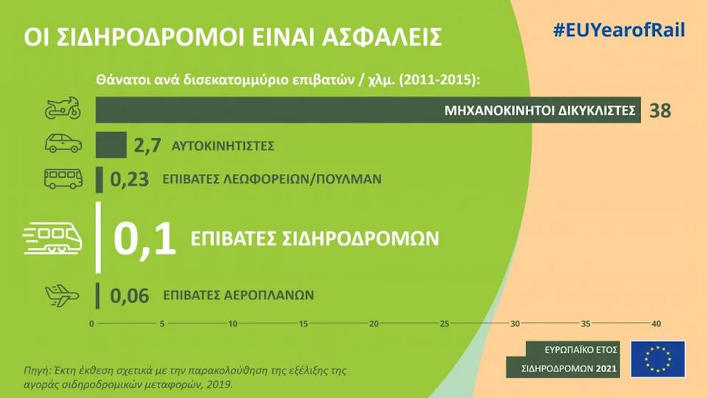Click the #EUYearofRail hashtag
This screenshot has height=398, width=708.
point(619,30)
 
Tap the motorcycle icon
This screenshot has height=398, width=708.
point(63,108)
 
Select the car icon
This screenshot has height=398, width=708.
point(63,143)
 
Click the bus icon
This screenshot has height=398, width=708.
point(63,178)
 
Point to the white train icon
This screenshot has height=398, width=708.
point(52,238)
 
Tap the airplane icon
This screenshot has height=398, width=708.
point(62,296)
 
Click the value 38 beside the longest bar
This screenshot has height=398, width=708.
point(660,111)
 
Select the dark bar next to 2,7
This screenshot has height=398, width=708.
point(111,144)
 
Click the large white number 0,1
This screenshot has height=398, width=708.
point(144,239)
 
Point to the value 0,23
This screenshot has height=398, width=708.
point(130,179)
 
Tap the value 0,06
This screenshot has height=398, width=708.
point(130,296)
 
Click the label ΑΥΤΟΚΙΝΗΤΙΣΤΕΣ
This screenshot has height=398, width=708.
point(223,146)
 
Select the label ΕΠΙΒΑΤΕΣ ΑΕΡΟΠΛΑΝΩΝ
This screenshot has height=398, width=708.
point(238,295)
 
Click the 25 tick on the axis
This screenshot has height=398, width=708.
point(444,324)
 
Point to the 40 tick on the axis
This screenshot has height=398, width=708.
point(656,324)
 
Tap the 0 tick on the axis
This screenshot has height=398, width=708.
point(91,324)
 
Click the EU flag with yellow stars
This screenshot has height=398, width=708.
point(658,359)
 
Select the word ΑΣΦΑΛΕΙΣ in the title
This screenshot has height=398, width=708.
point(381,37)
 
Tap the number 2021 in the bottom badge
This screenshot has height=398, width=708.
point(606,369)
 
